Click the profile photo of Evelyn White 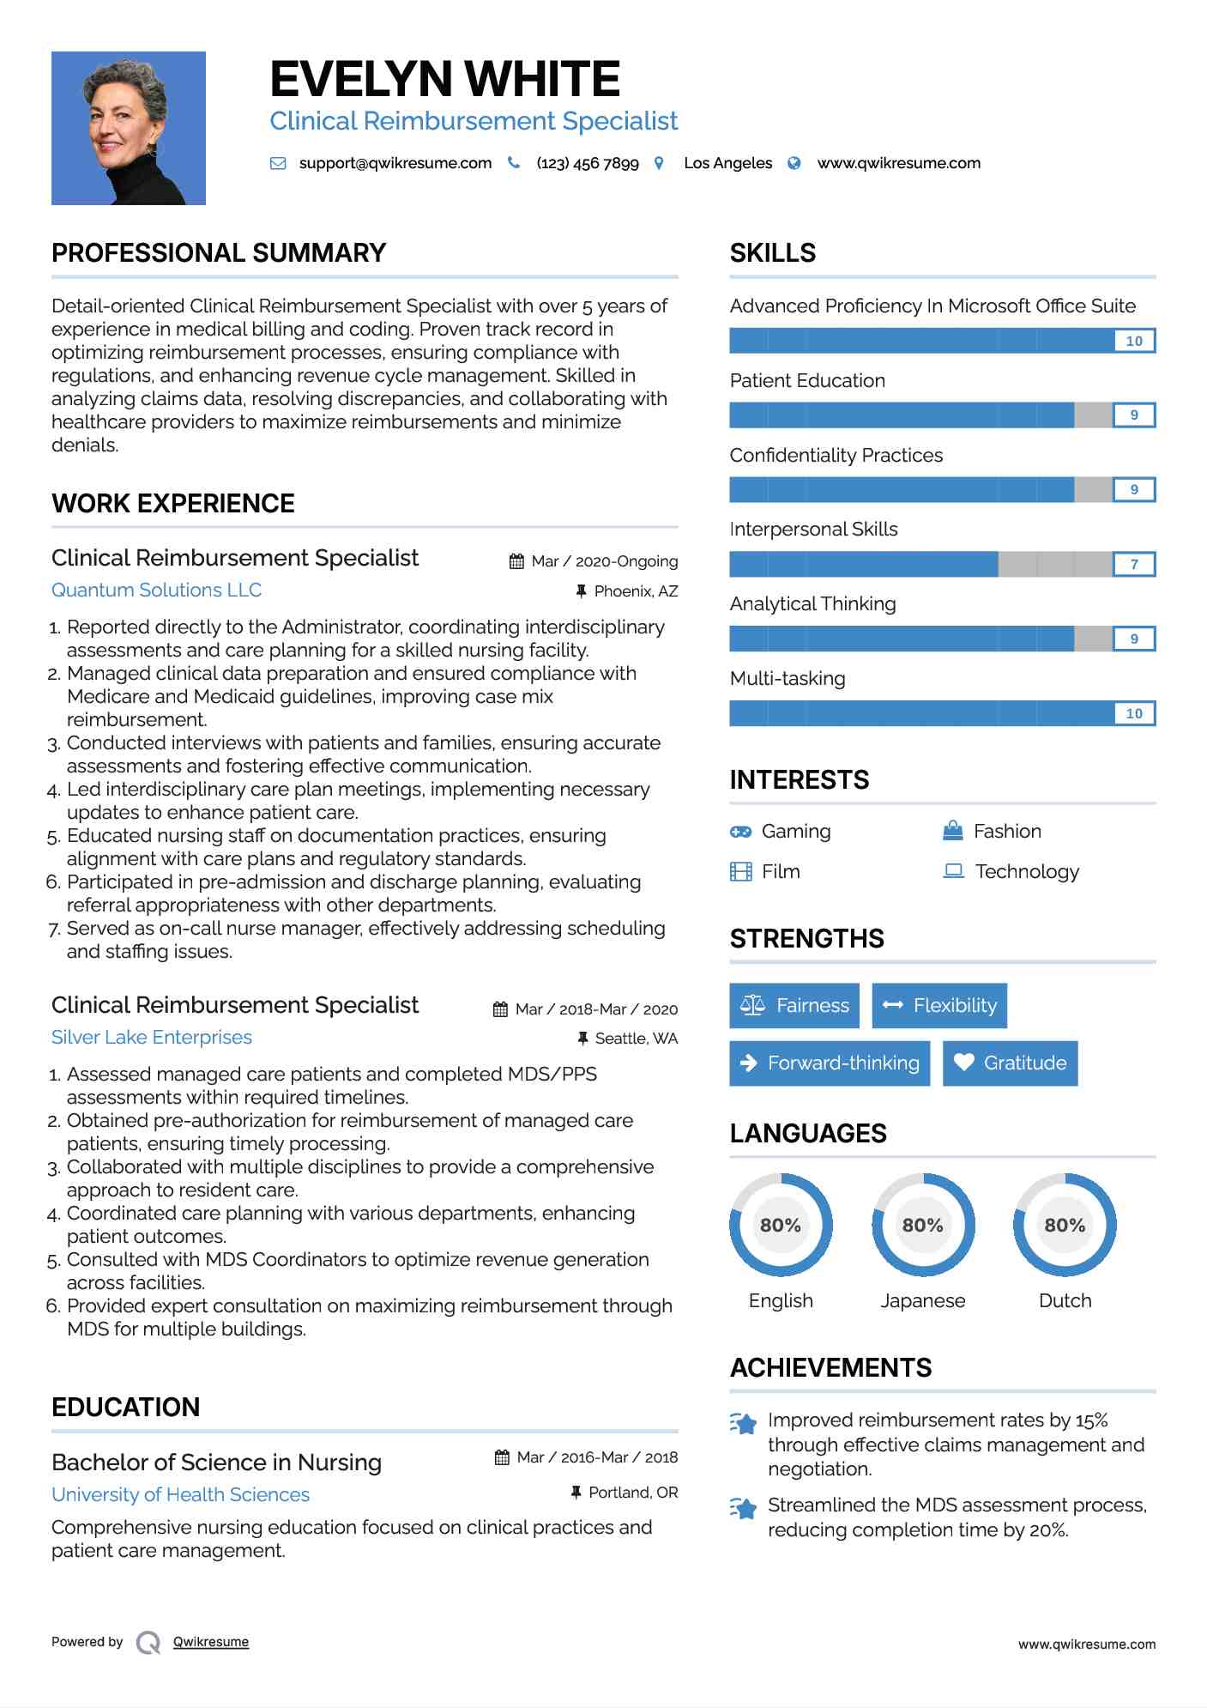pos(129,128)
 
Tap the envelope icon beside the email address pos(278,163)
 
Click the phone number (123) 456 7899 pos(588,163)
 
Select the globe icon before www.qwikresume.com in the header pos(794,163)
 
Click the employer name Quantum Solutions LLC pos(156,591)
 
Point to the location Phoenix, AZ pos(636,591)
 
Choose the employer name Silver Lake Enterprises pos(152,1038)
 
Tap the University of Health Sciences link pos(180,1495)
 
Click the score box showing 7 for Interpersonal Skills pos(1134,564)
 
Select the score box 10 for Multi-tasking pos(1134,713)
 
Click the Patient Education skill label pos(807,381)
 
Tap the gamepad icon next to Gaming pos(740,832)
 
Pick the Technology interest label pos(1027,872)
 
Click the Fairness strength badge pos(794,1005)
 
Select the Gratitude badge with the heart pos(1010,1063)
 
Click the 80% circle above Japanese pos(923,1225)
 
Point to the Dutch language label pos(1065,1301)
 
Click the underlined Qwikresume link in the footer pos(211,1642)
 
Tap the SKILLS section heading pos(773,253)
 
